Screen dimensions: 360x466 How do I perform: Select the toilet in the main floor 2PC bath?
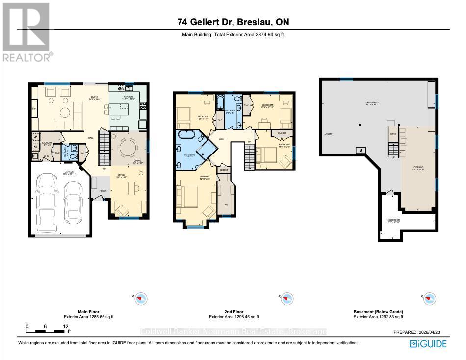click(x=73, y=154)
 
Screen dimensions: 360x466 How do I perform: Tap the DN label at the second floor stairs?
click(x=250, y=142)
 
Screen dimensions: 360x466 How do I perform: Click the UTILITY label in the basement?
click(x=329, y=134)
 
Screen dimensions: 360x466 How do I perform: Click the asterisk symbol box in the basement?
click(x=362, y=151)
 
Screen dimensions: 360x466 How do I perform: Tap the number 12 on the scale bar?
click(x=65, y=326)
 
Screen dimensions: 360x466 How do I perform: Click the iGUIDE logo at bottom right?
click(x=428, y=343)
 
